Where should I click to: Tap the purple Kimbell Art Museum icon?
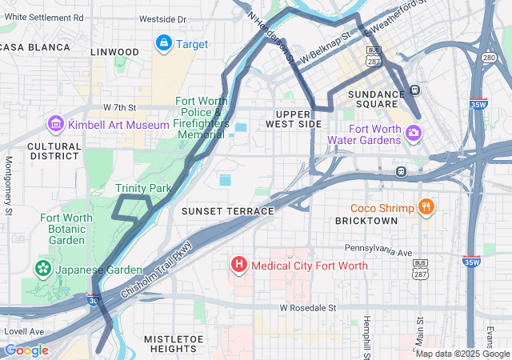56,124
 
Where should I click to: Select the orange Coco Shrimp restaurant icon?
426,208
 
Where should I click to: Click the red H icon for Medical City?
238,264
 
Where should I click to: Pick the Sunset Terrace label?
228,210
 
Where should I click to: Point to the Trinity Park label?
143,188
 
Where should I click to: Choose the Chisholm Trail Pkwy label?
157,270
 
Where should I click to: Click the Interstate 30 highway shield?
94,298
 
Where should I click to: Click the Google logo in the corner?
26,350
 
